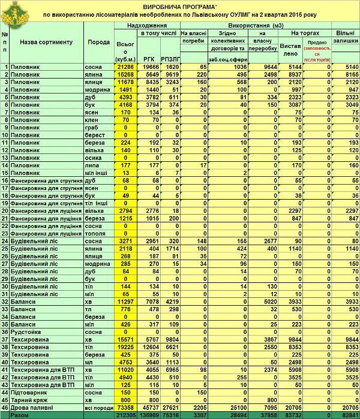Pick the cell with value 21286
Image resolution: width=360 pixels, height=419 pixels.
[125, 67]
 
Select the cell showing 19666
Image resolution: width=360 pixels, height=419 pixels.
[148, 67]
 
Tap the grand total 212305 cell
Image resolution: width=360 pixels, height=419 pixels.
[125, 414]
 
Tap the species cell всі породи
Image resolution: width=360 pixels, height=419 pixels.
[98, 406]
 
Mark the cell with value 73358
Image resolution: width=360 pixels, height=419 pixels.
[125, 406]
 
